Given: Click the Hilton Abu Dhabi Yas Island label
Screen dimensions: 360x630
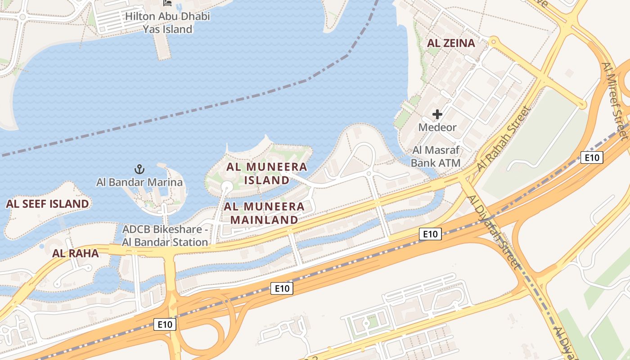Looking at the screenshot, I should point(167,23).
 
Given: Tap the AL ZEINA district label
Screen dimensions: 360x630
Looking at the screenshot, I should point(451,43).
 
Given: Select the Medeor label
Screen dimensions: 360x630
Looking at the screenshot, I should point(437,127).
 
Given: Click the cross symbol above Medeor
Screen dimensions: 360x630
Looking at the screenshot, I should point(437,114).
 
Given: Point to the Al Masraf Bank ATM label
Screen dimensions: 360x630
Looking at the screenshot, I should point(436,157).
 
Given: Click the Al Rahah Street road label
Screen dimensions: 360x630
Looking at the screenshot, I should point(504,138).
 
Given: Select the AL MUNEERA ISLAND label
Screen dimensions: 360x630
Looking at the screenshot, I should point(267,173).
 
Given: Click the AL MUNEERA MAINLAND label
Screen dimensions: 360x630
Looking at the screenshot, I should point(264,213).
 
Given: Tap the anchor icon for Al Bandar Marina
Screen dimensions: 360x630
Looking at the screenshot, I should point(139,169).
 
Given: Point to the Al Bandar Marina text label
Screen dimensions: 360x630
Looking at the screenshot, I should point(139,182).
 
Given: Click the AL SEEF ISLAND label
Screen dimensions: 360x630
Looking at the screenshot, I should point(47,204).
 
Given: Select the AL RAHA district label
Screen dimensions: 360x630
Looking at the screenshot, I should point(76,253).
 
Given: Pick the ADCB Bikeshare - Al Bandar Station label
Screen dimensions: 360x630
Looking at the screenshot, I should point(165,236).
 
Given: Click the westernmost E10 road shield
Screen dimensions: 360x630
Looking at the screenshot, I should point(165,324).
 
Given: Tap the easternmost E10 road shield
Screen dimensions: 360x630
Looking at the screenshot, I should point(592,157).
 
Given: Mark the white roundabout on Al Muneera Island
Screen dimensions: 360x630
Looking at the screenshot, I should point(227,186).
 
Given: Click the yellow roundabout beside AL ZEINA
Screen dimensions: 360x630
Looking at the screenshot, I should point(494,42).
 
